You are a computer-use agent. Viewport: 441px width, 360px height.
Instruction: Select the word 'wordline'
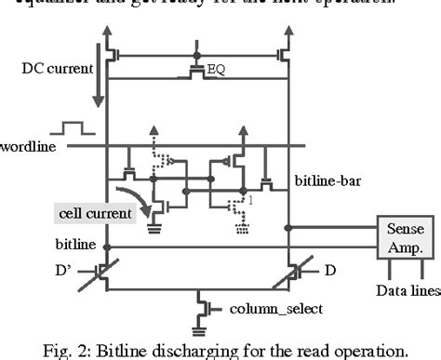tap(27, 147)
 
